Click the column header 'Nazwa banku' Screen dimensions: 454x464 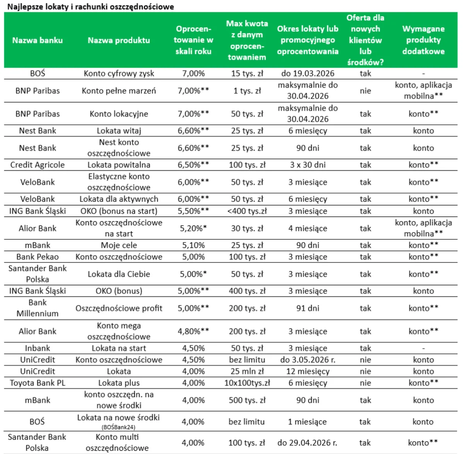(38, 40)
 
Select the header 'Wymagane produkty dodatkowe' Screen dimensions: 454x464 (423, 40)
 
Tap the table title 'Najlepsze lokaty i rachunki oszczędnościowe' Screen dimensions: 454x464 (90, 7)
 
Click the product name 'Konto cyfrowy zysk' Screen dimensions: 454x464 (119, 73)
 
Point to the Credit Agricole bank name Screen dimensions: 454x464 (38, 165)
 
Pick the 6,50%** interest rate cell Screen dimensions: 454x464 (193, 165)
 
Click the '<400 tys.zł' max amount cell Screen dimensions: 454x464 (247, 211)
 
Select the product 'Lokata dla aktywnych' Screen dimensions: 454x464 (119, 199)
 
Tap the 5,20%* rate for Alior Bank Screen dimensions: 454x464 (193, 228)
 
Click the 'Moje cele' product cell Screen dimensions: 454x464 (119, 245)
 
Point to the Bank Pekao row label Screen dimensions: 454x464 (38, 257)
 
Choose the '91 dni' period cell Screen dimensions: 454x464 (308, 308)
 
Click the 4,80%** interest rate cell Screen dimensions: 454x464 (193, 331)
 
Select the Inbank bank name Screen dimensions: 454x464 (38, 348)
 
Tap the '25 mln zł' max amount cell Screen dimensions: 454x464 (247, 371)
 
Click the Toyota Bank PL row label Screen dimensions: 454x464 (38, 383)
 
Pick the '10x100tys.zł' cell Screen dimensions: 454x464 (247, 383)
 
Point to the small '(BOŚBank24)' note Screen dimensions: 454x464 (119, 427)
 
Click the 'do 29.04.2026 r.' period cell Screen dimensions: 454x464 (307, 443)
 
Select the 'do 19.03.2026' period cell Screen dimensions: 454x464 (308, 73)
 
